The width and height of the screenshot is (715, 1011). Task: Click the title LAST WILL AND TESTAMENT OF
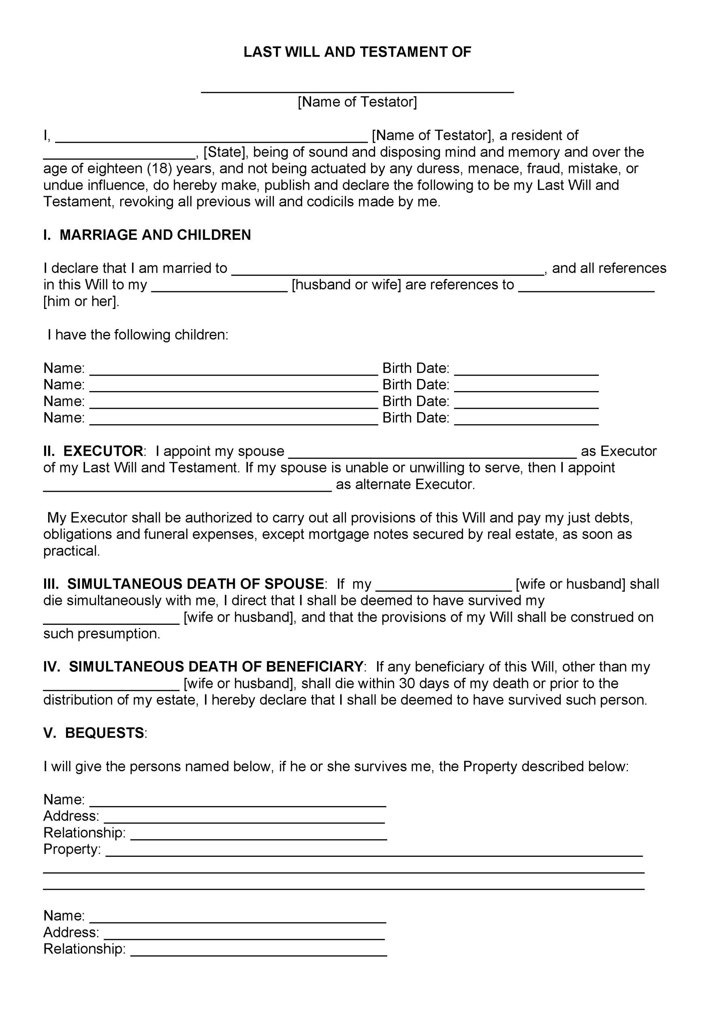click(x=357, y=53)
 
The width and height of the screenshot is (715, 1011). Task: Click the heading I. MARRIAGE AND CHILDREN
click(x=147, y=235)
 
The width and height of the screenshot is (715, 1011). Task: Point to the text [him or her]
click(x=81, y=302)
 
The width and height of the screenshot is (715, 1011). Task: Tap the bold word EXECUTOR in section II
click(x=103, y=451)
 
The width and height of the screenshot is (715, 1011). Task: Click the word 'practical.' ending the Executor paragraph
click(x=72, y=551)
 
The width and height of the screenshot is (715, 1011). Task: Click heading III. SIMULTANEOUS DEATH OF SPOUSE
click(x=184, y=584)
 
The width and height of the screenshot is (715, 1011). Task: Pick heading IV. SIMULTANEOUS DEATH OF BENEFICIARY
click(x=204, y=667)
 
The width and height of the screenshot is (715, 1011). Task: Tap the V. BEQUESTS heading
click(x=94, y=733)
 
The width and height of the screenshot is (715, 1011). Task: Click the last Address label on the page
click(x=71, y=933)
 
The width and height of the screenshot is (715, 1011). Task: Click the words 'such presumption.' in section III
click(x=102, y=634)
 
